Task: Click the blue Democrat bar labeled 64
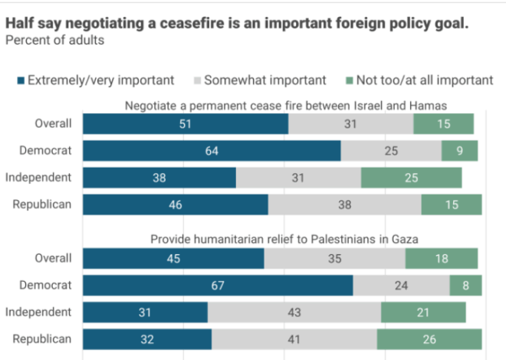tap(212, 151)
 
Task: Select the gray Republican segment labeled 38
tap(344, 205)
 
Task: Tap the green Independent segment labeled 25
tap(411, 178)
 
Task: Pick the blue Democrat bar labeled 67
tap(218, 285)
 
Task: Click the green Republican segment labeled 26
tap(429, 339)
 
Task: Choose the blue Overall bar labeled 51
tap(186, 124)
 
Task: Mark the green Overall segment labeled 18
tap(441, 258)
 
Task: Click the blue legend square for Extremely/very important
tap(21, 80)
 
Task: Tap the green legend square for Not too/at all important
tap(351, 80)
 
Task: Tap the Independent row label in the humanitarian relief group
tap(38, 312)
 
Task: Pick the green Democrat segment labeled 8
tap(465, 285)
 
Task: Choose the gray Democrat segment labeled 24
tap(401, 285)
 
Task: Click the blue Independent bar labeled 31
tap(145, 312)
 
